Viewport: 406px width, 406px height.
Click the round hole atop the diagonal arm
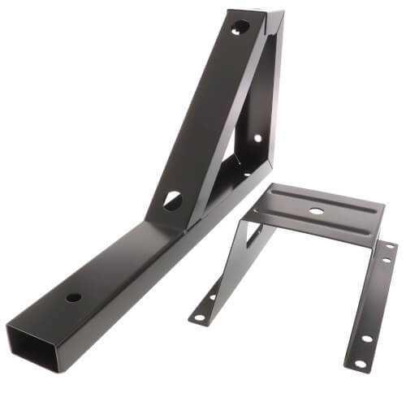[x=240, y=28]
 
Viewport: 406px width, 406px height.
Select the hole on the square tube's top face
[x=73, y=297]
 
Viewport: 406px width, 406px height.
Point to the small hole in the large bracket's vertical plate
[x=257, y=137]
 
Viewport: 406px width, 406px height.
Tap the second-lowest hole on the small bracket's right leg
[x=366, y=339]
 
